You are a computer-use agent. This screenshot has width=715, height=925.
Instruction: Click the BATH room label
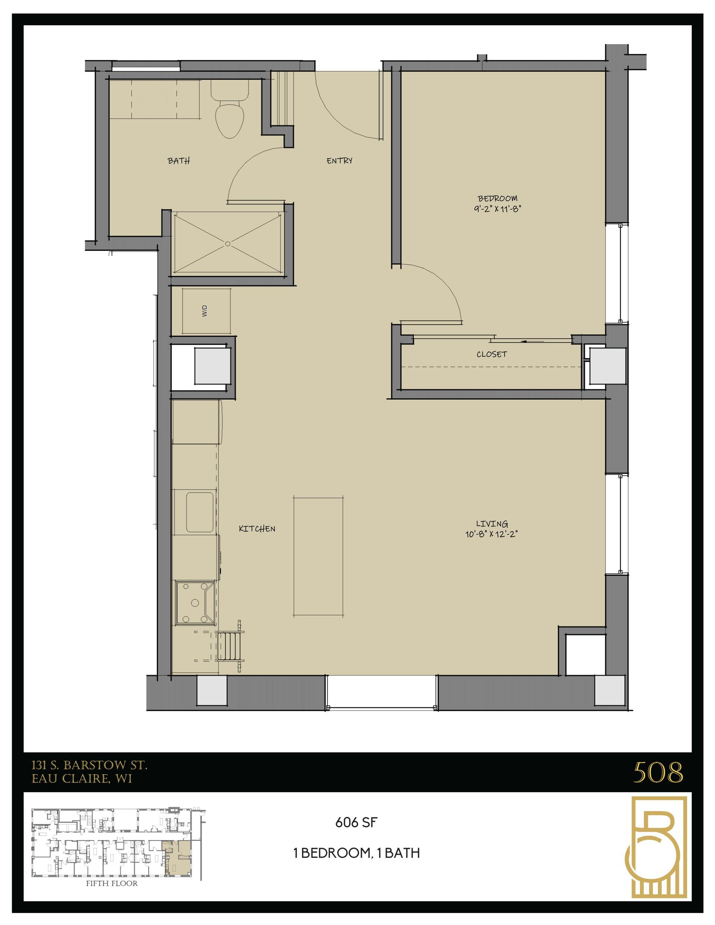(178, 160)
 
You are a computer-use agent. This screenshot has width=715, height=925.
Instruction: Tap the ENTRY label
(339, 160)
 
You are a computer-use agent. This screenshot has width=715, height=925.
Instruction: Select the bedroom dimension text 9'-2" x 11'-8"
(497, 208)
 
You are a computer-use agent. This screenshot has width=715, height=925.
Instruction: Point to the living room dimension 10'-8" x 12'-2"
(492, 534)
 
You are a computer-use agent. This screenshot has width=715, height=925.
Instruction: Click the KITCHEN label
(257, 529)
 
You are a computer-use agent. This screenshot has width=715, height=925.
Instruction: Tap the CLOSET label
(492, 354)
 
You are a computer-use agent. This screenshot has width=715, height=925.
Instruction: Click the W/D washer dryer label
(205, 311)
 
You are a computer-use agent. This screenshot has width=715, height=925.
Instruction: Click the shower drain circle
(228, 243)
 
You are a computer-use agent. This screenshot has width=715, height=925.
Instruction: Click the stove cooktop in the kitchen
(195, 603)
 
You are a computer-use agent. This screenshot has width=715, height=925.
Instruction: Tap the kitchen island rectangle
(318, 556)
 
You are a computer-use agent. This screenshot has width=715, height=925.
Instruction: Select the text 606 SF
(356, 823)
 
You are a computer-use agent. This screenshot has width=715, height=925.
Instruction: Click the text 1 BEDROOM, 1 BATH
(356, 852)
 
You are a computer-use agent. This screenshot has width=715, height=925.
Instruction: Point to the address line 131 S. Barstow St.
(89, 765)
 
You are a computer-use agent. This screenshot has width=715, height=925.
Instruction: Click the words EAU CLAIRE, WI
(82, 778)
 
